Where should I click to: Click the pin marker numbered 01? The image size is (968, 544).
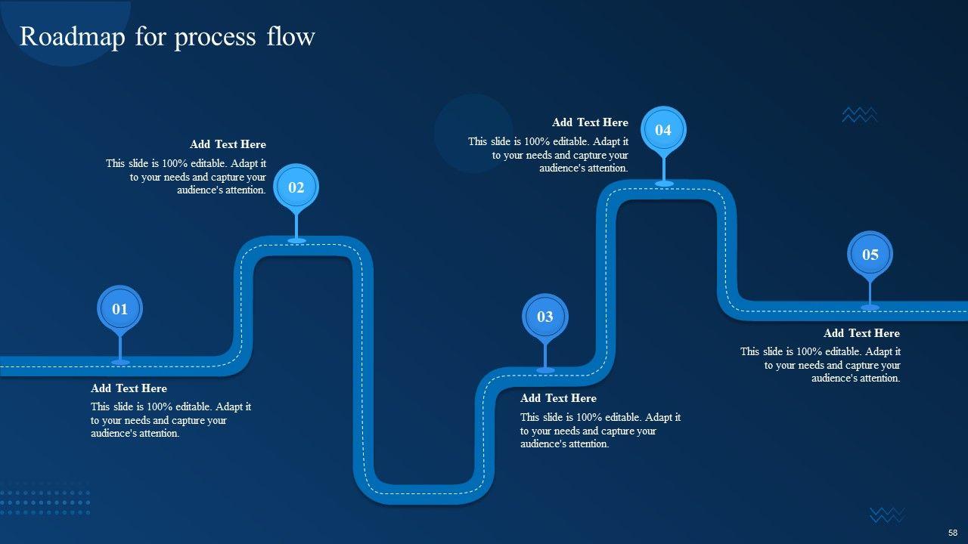coord(120,309)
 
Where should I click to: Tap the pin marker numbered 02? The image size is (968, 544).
coord(296,187)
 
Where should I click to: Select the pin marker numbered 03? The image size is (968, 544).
coord(545,317)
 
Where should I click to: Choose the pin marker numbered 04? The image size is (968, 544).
coord(663,130)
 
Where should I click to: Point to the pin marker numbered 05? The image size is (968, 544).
coord(870,255)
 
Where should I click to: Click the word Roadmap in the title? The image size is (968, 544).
coord(72,36)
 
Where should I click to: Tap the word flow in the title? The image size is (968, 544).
coord(290,36)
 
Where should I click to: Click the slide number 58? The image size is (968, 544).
coord(953,532)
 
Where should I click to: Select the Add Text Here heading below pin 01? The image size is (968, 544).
coord(129,388)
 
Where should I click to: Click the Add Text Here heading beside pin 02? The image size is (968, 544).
coord(228,144)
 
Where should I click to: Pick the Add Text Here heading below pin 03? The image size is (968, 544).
coord(558,398)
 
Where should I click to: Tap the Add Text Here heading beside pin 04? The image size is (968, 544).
coord(590,122)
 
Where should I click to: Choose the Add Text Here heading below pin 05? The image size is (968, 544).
coord(861,333)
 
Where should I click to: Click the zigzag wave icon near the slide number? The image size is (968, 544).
coord(887,515)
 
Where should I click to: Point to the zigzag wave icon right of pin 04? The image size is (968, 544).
coord(860,115)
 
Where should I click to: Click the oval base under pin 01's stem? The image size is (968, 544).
coord(120,363)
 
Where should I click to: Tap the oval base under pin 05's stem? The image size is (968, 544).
coord(870,308)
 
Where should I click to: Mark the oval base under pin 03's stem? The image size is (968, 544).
coord(545,370)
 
